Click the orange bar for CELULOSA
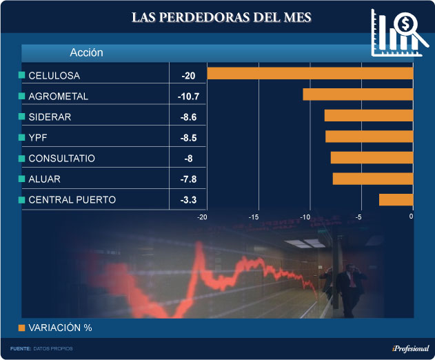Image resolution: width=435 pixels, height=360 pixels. tap(310, 73)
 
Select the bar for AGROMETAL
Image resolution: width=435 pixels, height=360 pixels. tap(358, 94)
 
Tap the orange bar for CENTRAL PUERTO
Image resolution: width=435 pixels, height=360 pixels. tap(396, 199)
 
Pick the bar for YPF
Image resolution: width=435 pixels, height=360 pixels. tap(369, 137)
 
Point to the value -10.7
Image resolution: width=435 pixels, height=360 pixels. tap(188, 96)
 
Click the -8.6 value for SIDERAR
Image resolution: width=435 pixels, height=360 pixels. tap(188, 117)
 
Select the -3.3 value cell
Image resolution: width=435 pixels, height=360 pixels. tap(188, 200)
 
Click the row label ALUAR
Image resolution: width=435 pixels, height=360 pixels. tap(44, 179)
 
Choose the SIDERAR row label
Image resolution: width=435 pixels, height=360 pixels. tap(50, 117)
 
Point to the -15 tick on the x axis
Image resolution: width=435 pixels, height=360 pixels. tap(253, 217)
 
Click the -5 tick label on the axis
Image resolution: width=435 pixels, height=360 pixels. tap(358, 217)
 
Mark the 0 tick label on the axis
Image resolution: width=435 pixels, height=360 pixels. tap(411, 217)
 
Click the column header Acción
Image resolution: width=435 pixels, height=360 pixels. tap(86, 52)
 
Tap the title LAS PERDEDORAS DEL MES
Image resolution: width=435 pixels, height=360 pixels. tap(222, 17)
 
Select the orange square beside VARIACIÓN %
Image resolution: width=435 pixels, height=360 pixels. tap(21, 328)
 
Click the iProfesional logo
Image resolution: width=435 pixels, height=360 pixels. tap(409, 348)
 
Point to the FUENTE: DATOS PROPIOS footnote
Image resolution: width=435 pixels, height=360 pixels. tap(41, 348)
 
